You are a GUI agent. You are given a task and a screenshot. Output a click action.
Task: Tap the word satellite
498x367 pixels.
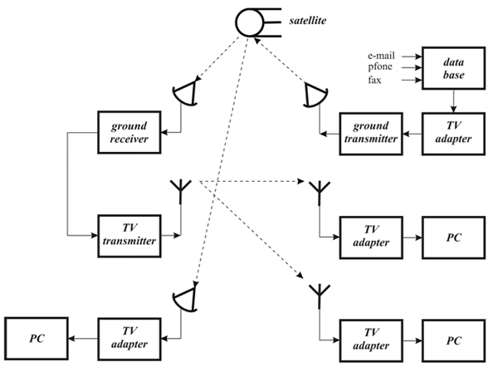pos(308,17)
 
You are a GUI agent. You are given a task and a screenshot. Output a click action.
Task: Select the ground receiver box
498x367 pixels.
pos(129,131)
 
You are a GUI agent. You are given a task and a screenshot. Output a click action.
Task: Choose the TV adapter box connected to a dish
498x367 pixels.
pos(129,337)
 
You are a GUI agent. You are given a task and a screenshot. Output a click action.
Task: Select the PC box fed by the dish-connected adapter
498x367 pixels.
pos(37,337)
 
